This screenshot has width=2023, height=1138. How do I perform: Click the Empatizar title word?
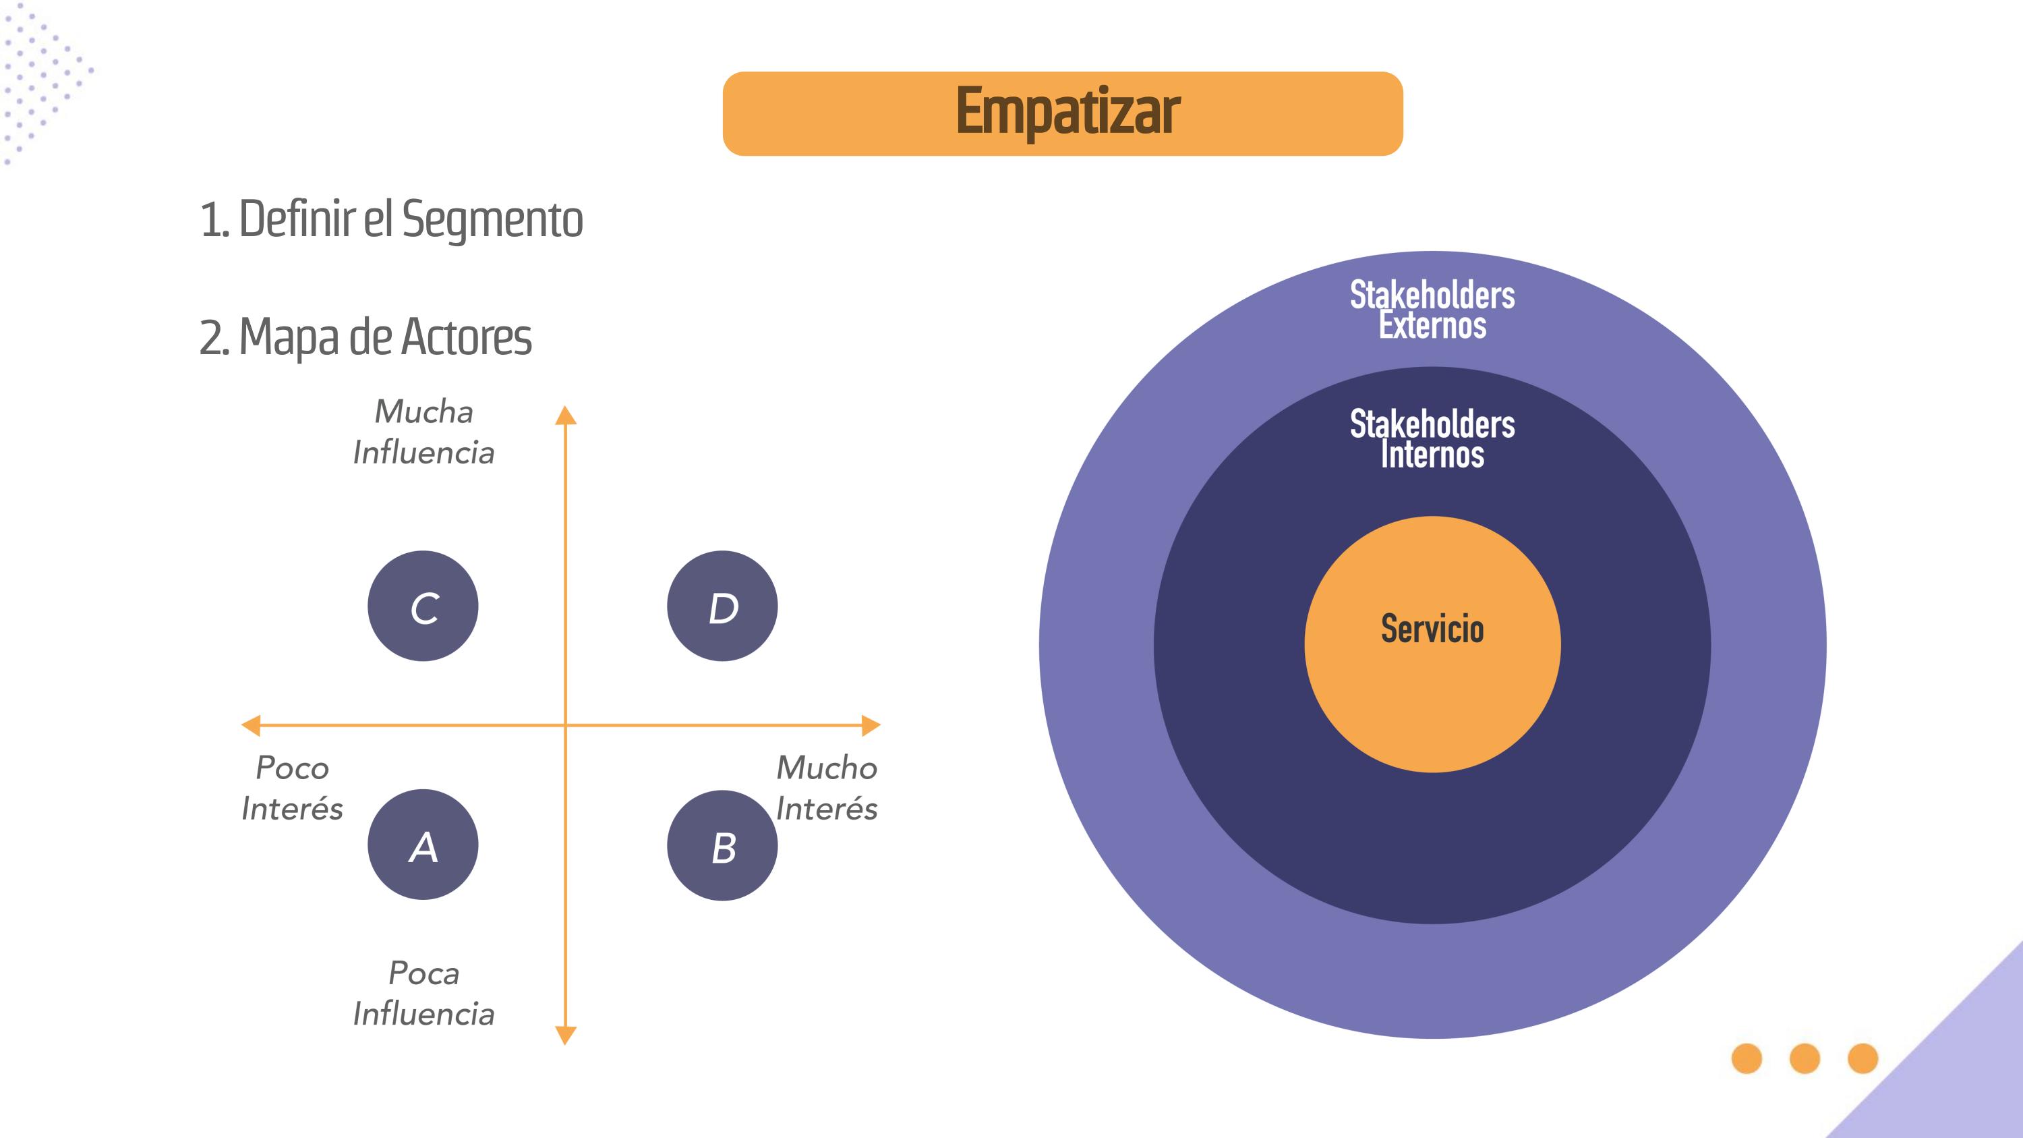tap(1067, 112)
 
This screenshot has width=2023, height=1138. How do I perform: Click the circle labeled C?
tap(423, 606)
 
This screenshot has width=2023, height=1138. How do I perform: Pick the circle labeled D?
tap(722, 606)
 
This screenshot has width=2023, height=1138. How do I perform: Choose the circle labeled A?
tap(423, 845)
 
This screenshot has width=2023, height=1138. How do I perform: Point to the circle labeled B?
tap(722, 846)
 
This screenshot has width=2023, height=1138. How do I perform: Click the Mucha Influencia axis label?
tap(423, 432)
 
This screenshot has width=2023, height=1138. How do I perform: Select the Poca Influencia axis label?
tap(423, 994)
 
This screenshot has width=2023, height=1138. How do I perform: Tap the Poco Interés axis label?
tap(292, 788)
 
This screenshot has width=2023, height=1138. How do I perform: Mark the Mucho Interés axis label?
tap(826, 788)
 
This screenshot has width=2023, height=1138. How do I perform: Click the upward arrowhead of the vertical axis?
tap(566, 416)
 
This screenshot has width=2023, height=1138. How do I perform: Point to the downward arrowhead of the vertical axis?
tap(566, 1035)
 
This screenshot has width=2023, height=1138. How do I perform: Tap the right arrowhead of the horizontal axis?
tap(871, 725)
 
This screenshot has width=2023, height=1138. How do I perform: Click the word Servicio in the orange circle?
tap(1432, 629)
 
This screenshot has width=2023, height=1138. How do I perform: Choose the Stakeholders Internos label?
tap(1432, 439)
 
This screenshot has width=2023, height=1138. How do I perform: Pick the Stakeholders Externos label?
tap(1432, 310)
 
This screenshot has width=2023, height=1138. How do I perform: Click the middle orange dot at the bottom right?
tap(1805, 1058)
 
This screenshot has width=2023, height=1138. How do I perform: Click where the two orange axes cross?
tap(566, 725)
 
